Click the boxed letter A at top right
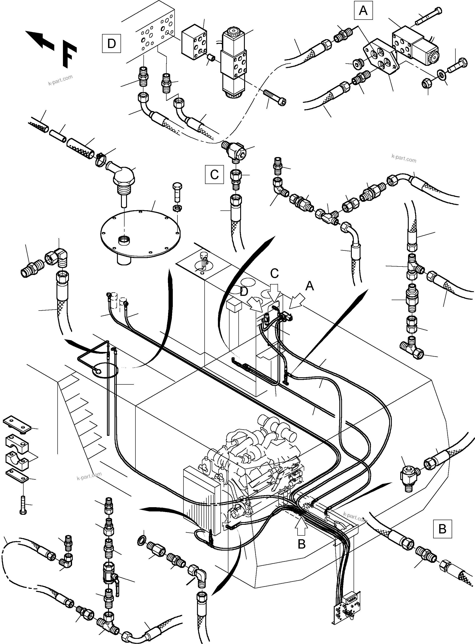(x=363, y=11)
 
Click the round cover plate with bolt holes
(x=140, y=234)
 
